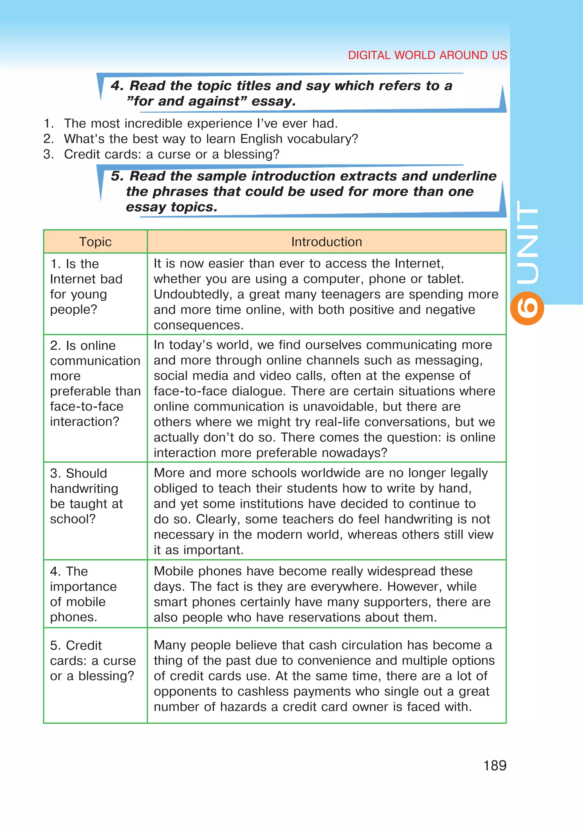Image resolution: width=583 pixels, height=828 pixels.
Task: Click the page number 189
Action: (495, 765)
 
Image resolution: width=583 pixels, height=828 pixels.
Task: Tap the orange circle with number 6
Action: (527, 308)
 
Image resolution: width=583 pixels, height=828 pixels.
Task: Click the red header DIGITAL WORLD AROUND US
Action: (427, 55)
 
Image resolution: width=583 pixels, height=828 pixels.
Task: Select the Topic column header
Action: (95, 242)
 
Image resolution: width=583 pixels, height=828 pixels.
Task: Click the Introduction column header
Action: (327, 242)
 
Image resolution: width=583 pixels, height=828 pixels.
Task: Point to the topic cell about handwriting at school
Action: (87, 496)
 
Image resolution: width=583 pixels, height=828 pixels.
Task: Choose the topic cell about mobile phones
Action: (83, 594)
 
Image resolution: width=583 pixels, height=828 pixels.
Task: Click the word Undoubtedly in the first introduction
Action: (192, 294)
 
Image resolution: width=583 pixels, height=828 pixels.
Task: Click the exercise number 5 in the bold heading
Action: (117, 176)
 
